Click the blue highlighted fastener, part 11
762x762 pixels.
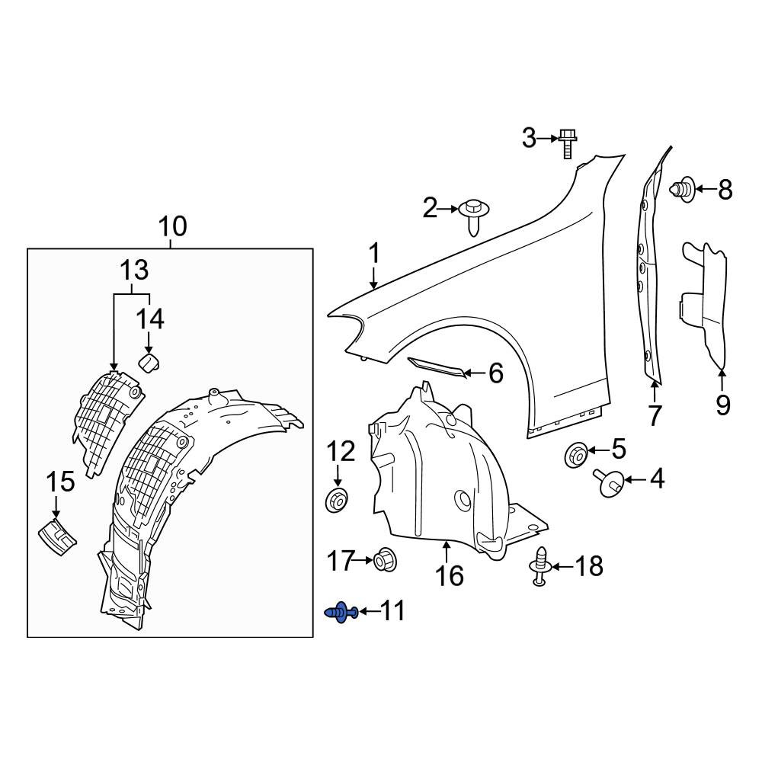pos(341,613)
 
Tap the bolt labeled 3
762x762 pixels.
pos(568,143)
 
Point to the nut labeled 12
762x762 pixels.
pos(336,501)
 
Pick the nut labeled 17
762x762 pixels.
pos(386,560)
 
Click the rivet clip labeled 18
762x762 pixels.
pos(539,567)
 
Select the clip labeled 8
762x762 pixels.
pos(684,190)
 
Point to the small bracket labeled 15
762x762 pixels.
pos(57,537)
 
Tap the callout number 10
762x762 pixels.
pos(172,226)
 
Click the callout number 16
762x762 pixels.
pos(450,575)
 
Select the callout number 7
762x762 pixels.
pos(655,415)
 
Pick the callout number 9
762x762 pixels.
pos(722,405)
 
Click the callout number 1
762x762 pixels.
pos(373,254)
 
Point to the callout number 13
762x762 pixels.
pos(134,271)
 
